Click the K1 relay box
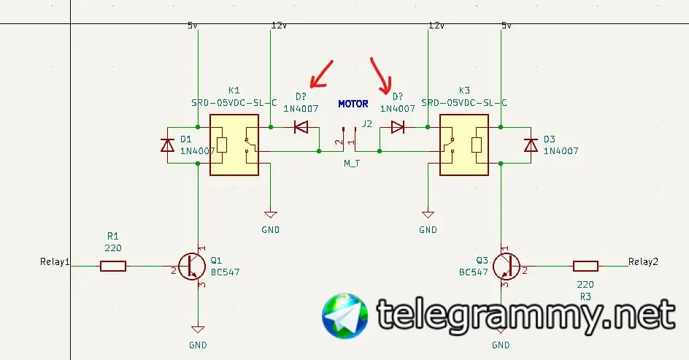[x=234, y=145]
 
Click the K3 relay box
[x=464, y=145]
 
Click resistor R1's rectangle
[x=112, y=267]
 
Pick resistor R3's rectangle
[x=585, y=267]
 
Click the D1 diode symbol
[x=167, y=145]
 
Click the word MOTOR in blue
[x=353, y=104]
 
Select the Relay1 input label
[x=55, y=261]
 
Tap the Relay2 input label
[x=643, y=261]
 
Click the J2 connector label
[x=366, y=123]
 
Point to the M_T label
[x=352, y=164]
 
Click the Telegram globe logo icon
[x=345, y=316]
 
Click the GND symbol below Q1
[x=197, y=329]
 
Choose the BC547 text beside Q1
[x=225, y=272]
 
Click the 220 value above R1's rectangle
[x=112, y=248]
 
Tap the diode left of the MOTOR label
[x=301, y=127]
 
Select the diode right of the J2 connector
[x=398, y=127]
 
